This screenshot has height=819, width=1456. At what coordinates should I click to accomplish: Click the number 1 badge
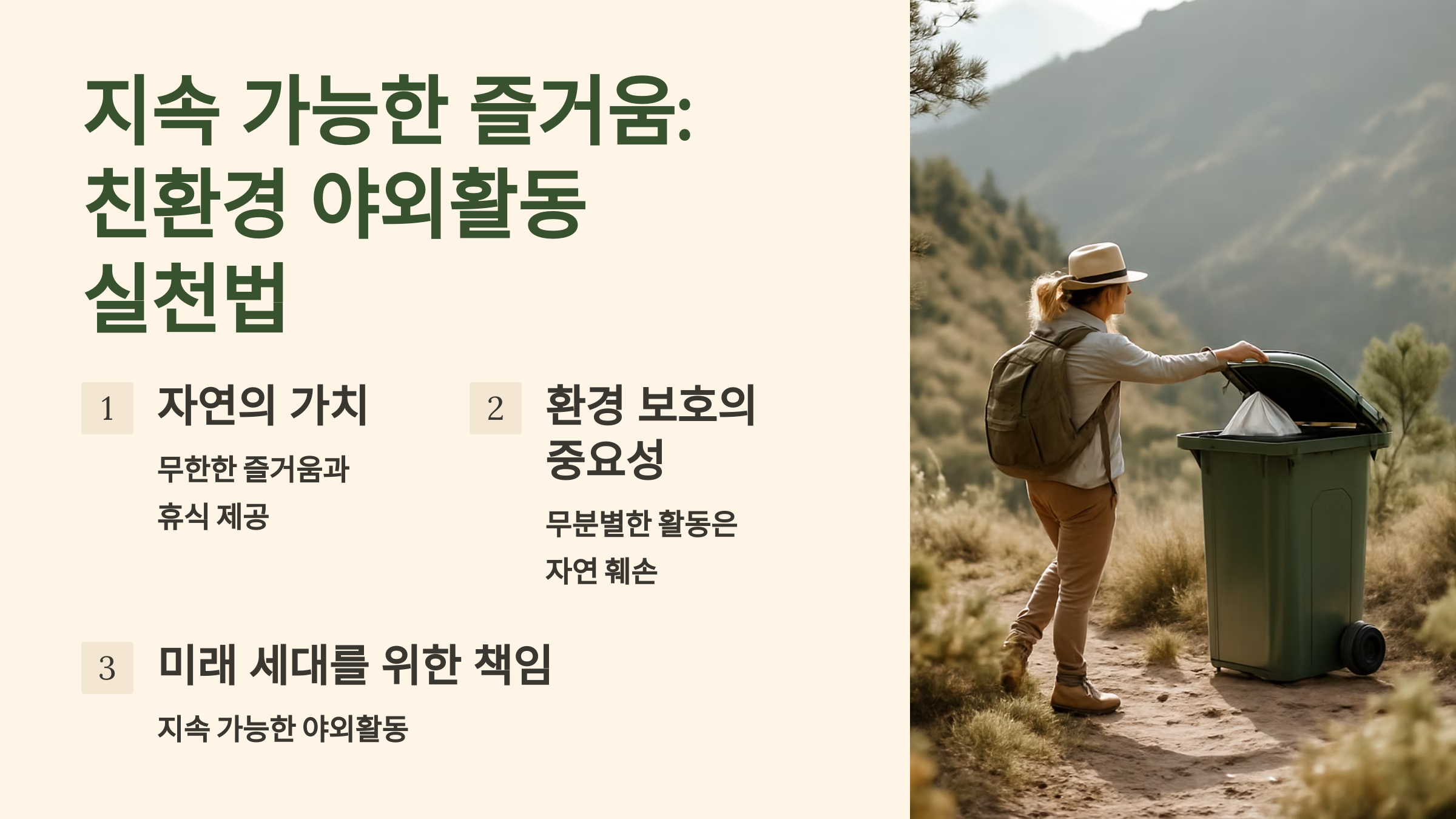pyautogui.click(x=107, y=408)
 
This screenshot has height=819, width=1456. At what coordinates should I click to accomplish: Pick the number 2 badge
pyautogui.click(x=496, y=408)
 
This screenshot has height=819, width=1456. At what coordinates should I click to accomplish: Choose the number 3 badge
pyautogui.click(x=107, y=668)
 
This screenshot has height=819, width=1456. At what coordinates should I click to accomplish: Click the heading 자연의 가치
pyautogui.click(x=262, y=405)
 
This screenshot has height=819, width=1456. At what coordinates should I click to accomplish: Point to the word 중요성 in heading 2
pyautogui.click(x=605, y=459)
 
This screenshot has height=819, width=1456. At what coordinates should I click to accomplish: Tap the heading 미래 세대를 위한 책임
pyautogui.click(x=354, y=665)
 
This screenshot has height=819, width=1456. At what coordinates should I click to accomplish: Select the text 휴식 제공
pyautogui.click(x=213, y=517)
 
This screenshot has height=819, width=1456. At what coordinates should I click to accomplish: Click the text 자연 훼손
pyautogui.click(x=601, y=571)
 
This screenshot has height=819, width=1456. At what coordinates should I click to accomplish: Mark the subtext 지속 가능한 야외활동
pyautogui.click(x=283, y=728)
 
